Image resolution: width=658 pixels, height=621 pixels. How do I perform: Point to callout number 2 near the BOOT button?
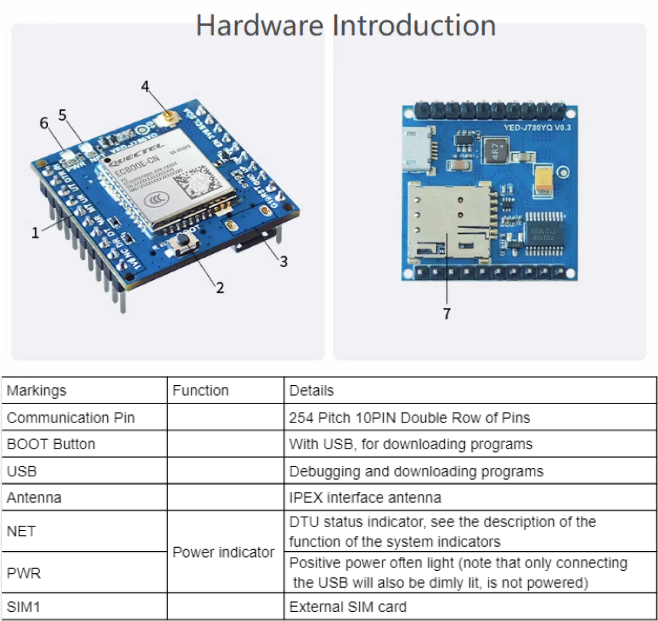pos(220,287)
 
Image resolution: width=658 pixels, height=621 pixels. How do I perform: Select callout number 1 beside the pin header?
pos(35,233)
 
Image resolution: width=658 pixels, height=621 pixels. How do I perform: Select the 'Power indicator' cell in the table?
pos(223,552)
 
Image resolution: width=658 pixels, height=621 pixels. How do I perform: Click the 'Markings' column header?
pos(36,390)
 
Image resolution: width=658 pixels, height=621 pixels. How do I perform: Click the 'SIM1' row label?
pos(23,607)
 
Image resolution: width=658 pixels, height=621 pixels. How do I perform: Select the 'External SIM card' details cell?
pos(347,607)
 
